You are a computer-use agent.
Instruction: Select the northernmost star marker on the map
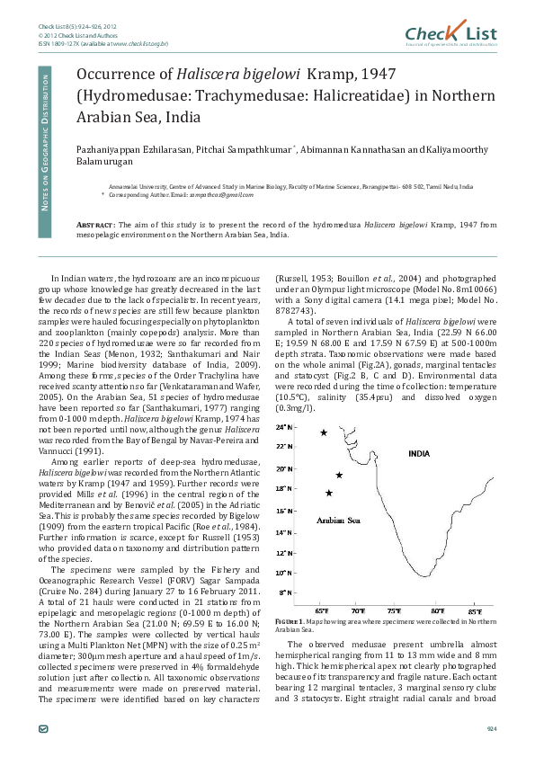[x=324, y=432]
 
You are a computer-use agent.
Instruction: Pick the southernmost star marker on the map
[x=329, y=493]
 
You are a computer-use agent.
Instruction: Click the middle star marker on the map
[x=339, y=475]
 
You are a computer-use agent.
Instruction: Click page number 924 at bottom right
[x=491, y=728]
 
